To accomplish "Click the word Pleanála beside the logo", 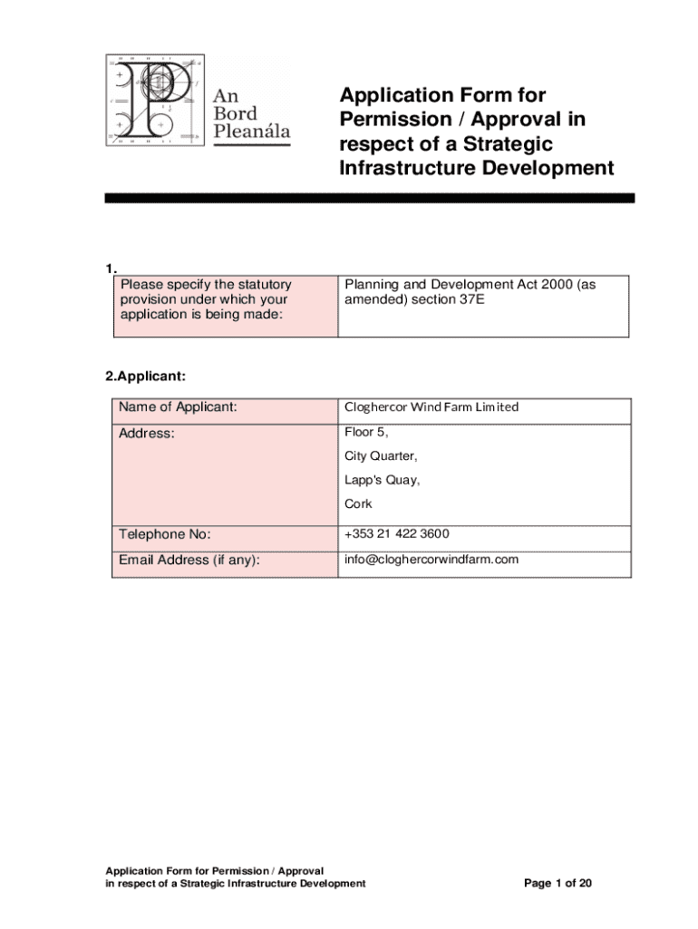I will (x=251, y=133).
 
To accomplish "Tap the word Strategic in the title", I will (x=513, y=144).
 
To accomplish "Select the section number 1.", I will (x=111, y=269).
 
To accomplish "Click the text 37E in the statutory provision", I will (x=472, y=299).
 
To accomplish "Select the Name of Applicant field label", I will (x=178, y=406).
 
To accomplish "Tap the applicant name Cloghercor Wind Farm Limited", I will (x=431, y=407).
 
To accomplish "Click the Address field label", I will (x=146, y=434).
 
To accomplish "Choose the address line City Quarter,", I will (x=381, y=455).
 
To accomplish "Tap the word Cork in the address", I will (x=358, y=504).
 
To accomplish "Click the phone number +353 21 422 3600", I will (x=396, y=533).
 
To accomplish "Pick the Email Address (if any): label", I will (x=189, y=560).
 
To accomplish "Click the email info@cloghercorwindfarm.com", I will (x=431, y=560).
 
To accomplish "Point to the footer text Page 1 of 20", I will (x=558, y=883).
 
